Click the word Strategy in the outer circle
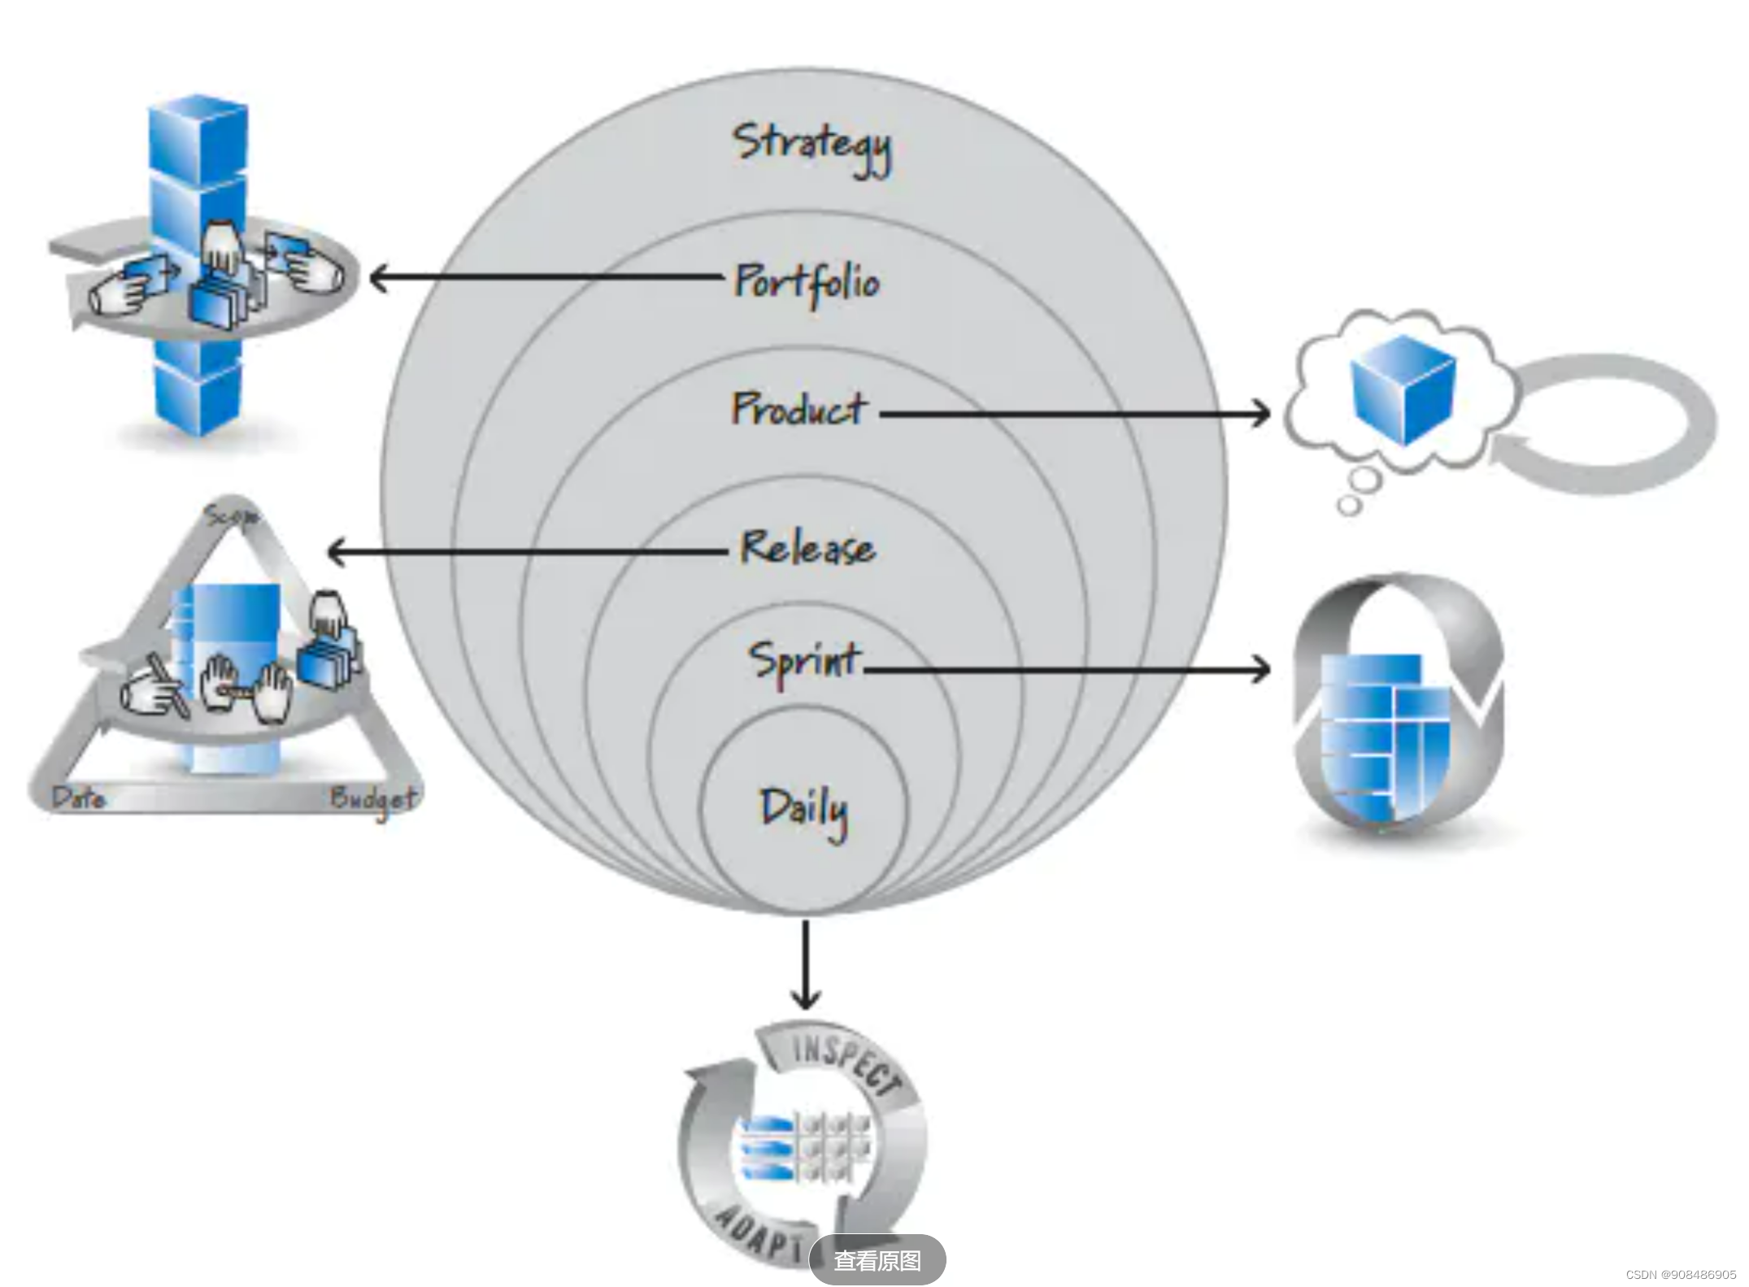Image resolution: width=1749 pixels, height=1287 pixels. click(x=811, y=146)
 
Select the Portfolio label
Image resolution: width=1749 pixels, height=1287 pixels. click(x=807, y=282)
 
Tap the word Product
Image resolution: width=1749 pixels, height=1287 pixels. click(x=798, y=408)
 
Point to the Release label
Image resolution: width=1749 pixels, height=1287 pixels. click(x=807, y=547)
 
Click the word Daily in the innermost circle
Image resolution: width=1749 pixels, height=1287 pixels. click(x=803, y=810)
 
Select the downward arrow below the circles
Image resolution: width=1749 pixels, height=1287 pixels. click(x=805, y=992)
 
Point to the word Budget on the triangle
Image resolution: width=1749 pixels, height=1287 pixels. click(x=373, y=799)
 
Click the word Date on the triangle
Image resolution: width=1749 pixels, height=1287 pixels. click(x=79, y=798)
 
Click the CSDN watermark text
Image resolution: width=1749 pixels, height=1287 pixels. click(x=1681, y=1274)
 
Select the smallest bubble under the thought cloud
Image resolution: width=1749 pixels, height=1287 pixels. click(x=1349, y=506)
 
